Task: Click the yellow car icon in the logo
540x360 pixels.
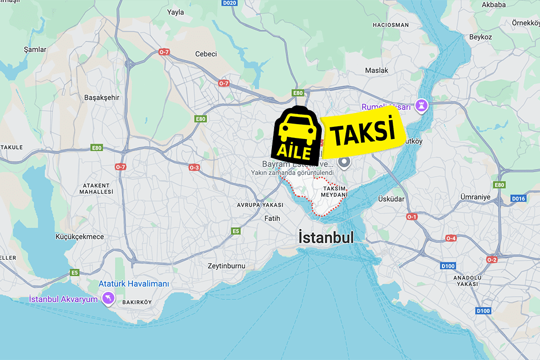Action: pyautogui.click(x=297, y=128)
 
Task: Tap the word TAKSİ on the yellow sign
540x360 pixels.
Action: pyautogui.click(x=362, y=133)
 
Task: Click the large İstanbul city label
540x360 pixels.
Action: pyautogui.click(x=326, y=238)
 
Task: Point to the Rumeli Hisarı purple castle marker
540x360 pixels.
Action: pyautogui.click(x=423, y=106)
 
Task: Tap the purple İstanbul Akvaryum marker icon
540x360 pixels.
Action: pyautogui.click(x=107, y=299)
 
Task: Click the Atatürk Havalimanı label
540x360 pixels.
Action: pyautogui.click(x=133, y=284)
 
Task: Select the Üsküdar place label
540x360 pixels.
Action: pyautogui.click(x=391, y=199)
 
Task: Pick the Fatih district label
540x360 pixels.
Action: pyautogui.click(x=272, y=218)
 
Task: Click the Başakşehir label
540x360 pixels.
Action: pyautogui.click(x=101, y=97)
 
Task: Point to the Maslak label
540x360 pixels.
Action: pyautogui.click(x=377, y=70)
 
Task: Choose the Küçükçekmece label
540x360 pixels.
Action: pyautogui.click(x=80, y=236)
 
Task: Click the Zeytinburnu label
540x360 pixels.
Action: pyautogui.click(x=226, y=266)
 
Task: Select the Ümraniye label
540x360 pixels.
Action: pyautogui.click(x=475, y=197)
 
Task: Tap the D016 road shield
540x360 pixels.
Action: pyautogui.click(x=518, y=198)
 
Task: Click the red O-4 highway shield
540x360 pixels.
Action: pyautogui.click(x=451, y=238)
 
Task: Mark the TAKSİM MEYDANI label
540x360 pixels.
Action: pyautogui.click(x=335, y=192)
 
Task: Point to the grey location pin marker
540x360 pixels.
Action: pyautogui.click(x=344, y=162)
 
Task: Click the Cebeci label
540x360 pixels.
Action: pyautogui.click(x=206, y=54)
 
